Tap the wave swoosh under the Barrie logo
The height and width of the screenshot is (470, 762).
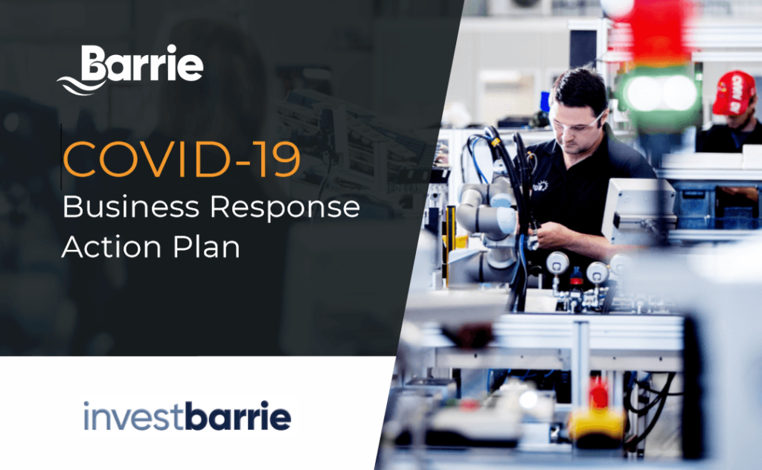[x=80, y=86]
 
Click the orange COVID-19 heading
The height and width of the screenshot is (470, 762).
[x=182, y=159]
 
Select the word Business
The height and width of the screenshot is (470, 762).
[x=131, y=207]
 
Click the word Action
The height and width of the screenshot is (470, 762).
[x=112, y=246]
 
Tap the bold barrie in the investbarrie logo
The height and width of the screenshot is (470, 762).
[x=238, y=416]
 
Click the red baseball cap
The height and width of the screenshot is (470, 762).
[x=734, y=93]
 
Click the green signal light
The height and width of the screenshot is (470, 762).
[x=659, y=94]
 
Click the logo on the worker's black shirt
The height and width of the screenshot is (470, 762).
[x=540, y=186]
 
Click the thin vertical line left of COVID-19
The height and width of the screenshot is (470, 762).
[x=61, y=156]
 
